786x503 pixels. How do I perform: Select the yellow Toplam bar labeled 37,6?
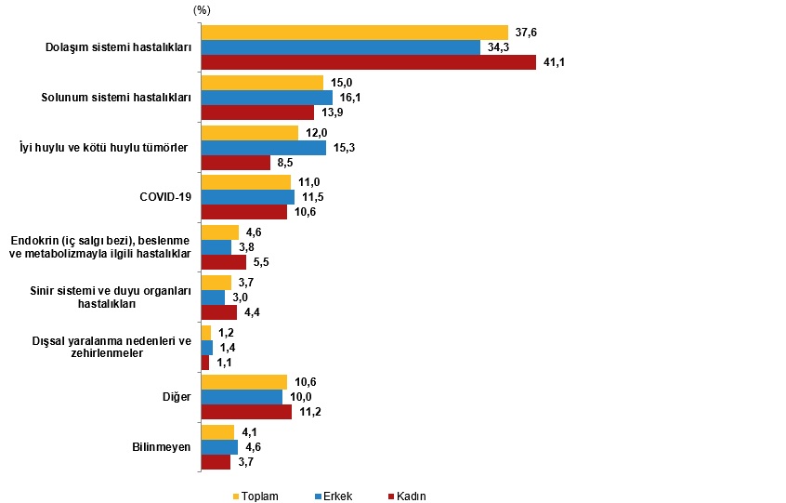point(354,33)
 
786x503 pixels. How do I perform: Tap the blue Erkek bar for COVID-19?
point(247,197)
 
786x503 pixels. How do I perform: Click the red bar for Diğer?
point(246,411)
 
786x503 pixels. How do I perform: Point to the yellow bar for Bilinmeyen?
point(217,432)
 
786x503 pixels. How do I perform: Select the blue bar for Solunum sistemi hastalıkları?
point(267,97)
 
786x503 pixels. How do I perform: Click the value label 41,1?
point(555,62)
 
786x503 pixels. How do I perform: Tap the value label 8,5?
point(286,163)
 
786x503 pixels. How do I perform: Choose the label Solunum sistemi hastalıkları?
point(117,97)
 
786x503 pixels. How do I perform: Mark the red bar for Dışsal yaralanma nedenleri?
point(204,363)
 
